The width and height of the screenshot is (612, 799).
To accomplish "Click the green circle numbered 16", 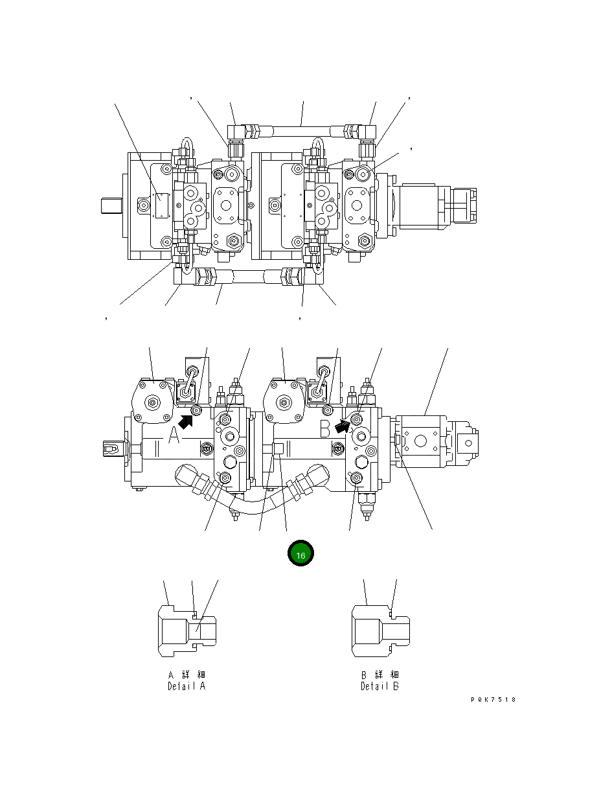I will click(300, 554).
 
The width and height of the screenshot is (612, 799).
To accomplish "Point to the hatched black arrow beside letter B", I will click(343, 424).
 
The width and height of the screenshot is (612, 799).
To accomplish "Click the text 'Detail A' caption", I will click(187, 686).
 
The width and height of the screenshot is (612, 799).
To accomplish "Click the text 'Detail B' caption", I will click(380, 686).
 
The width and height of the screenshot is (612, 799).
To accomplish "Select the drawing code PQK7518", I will click(493, 700).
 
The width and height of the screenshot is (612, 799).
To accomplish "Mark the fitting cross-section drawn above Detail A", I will click(187, 629).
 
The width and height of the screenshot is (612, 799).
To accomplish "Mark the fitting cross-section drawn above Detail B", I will click(380, 629).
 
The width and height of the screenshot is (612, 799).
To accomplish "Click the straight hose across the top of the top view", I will click(302, 131).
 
